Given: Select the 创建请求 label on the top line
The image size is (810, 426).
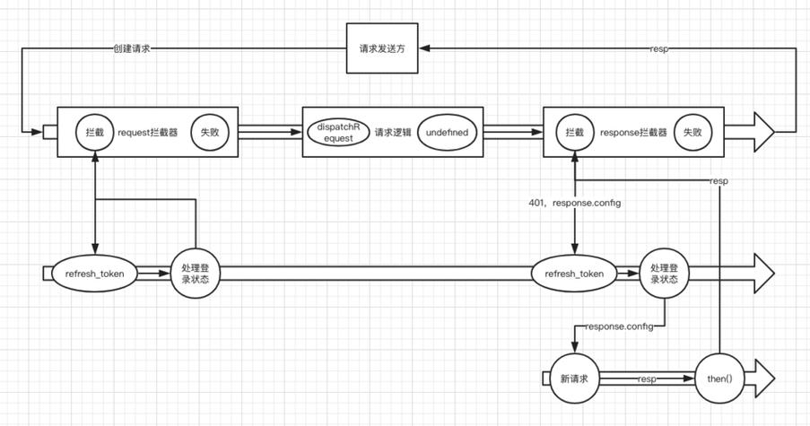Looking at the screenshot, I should coord(131,49).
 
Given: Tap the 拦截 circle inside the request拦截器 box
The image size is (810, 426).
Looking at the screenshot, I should coord(93,132).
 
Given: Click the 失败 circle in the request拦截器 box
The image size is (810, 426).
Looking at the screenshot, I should coord(209,132).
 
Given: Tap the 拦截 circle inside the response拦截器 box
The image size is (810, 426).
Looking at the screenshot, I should coord(574,132).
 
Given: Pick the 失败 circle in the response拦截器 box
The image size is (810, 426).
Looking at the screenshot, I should coord(692,132).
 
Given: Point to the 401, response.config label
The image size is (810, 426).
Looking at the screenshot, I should coord(575,203).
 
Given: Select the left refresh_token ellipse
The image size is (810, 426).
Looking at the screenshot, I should coord(94,273).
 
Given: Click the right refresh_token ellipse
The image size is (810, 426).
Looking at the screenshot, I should coord(574,273).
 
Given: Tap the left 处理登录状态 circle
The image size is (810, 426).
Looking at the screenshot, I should coord(195,273).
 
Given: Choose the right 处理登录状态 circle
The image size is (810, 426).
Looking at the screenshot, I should coord(666,273).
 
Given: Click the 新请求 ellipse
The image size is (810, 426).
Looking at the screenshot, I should coord(574,378).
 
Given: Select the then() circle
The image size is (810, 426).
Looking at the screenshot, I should coord(719,378).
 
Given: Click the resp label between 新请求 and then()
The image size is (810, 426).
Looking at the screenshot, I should coord(647,379).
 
